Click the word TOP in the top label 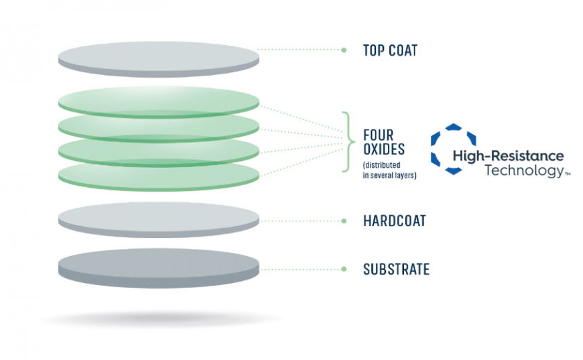point(373,51)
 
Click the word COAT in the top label point(403,51)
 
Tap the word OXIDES point(384,149)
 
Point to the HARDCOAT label point(394,221)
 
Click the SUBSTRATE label point(396,269)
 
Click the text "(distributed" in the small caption point(382,165)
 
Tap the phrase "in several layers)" point(389,175)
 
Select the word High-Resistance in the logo point(508,156)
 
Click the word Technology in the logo point(524,171)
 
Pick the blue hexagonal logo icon point(454,149)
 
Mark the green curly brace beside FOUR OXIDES point(348,142)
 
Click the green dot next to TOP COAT point(344,50)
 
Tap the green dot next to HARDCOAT point(344,221)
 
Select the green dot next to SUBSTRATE point(344,269)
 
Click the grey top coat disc point(159,60)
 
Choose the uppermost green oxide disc point(159,101)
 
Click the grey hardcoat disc point(159,220)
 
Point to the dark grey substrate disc point(159,268)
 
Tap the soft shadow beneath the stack point(160,318)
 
